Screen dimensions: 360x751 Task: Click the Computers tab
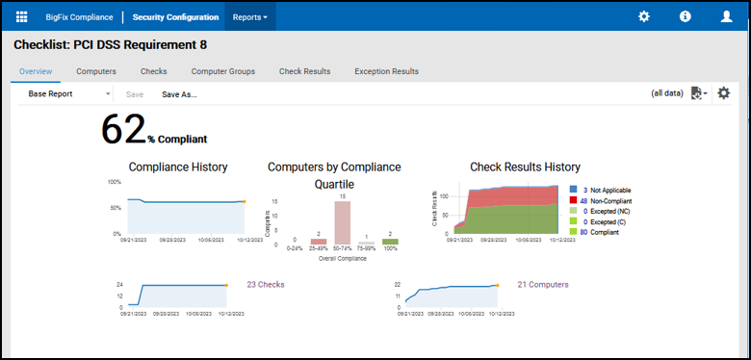[x=96, y=71]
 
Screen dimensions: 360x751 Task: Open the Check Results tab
[x=304, y=71]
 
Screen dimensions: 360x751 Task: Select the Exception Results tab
[x=386, y=71]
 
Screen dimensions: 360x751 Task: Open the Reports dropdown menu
[x=250, y=16]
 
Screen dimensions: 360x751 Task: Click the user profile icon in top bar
[x=726, y=16]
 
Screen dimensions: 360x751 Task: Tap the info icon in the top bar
[x=686, y=16]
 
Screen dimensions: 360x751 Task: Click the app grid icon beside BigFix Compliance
[x=22, y=16]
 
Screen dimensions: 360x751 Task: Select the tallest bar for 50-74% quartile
[x=342, y=222]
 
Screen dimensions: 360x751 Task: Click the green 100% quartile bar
[x=390, y=242]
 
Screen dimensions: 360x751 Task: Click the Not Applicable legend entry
[x=605, y=191]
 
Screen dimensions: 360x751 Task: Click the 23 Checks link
[x=265, y=285]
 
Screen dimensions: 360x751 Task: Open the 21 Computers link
[x=542, y=285]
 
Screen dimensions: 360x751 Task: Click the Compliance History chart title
[x=178, y=167]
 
